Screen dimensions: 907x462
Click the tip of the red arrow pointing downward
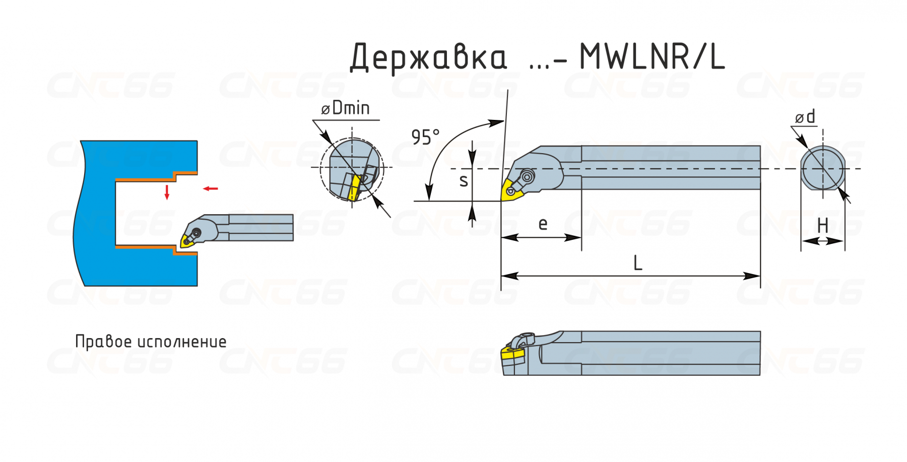(x=167, y=200)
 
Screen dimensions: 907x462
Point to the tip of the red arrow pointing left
(x=203, y=189)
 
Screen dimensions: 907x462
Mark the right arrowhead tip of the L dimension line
(x=760, y=276)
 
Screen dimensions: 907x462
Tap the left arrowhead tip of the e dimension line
(x=501, y=237)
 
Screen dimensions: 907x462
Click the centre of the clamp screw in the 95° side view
(x=527, y=177)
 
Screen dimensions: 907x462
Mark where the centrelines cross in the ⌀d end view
(x=823, y=169)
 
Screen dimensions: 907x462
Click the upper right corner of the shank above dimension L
(x=760, y=146)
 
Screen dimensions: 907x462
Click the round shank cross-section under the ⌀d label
(x=823, y=169)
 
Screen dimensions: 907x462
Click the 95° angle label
(x=425, y=137)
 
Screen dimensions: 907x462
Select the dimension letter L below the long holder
(x=638, y=263)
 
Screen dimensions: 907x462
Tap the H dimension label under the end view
(x=823, y=225)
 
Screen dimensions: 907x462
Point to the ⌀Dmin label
(x=346, y=108)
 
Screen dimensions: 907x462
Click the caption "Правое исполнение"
(x=151, y=342)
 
